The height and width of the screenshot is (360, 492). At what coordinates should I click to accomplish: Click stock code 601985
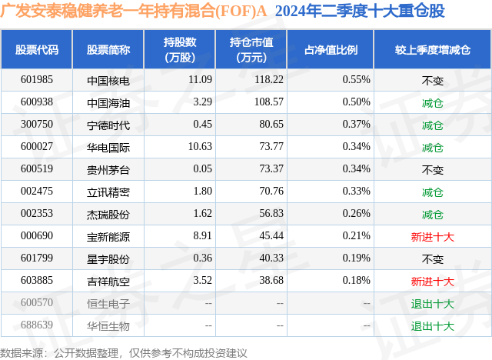[37, 80]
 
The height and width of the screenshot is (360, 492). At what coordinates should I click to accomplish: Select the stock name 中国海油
[108, 103]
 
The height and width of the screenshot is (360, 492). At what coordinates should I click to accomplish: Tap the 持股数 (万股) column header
[180, 49]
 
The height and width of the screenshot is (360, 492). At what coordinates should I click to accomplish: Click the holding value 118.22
[269, 80]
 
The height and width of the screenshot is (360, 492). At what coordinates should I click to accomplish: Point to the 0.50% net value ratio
[356, 102]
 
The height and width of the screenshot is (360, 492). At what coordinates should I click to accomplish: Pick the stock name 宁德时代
[108, 125]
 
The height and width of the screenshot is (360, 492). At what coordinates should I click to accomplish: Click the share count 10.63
[200, 147]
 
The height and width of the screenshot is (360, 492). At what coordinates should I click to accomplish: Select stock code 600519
[37, 169]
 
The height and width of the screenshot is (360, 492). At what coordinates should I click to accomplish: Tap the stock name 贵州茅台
[108, 170]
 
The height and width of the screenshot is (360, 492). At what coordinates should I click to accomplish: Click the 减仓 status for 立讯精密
[432, 192]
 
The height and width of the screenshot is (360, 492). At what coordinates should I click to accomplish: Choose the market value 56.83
[271, 213]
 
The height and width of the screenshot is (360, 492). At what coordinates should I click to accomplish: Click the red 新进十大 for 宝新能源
[432, 237]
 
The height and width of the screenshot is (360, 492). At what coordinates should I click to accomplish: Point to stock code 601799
[37, 258]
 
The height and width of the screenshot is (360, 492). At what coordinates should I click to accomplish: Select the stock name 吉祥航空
[108, 282]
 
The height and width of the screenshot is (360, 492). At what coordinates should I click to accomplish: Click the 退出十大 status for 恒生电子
[432, 304]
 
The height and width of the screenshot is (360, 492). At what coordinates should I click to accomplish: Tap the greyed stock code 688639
[37, 325]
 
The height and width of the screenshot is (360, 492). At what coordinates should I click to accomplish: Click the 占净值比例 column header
[331, 49]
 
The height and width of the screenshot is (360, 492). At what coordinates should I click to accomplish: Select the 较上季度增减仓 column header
[433, 49]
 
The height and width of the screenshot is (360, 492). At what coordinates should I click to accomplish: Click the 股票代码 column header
[37, 49]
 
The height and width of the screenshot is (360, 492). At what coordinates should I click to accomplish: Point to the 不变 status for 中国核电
[432, 81]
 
